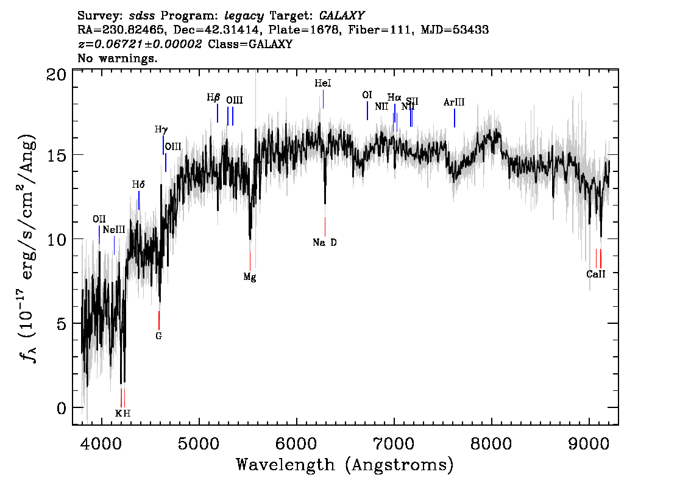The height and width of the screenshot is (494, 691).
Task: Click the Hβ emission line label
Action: (x=213, y=98)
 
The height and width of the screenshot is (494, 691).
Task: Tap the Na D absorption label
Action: (x=325, y=243)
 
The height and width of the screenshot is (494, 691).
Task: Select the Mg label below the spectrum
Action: (x=250, y=277)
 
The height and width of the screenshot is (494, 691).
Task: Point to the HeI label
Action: (x=323, y=84)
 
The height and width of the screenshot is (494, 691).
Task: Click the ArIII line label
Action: (x=454, y=103)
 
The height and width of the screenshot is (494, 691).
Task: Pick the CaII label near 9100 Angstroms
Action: (x=596, y=274)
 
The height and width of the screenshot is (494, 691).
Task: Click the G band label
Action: (x=159, y=335)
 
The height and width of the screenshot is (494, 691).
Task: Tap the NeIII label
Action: (x=114, y=230)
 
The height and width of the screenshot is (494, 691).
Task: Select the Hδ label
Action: (x=139, y=184)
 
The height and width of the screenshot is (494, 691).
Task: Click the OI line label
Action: (x=367, y=95)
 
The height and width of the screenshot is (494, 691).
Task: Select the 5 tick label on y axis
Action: (x=61, y=323)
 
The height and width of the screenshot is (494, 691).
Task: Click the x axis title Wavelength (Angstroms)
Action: (x=345, y=465)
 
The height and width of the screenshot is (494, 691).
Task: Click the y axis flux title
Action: (x=27, y=248)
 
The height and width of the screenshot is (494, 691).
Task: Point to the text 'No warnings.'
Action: (x=118, y=59)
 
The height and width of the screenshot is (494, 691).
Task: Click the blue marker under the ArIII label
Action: (x=455, y=118)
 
